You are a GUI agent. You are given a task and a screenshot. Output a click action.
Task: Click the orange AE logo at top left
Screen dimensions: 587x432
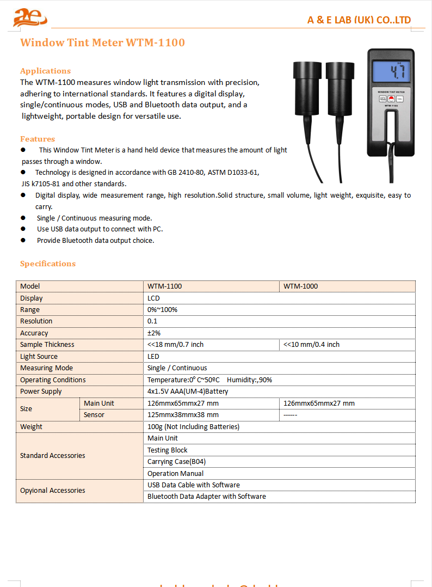(x=29, y=17)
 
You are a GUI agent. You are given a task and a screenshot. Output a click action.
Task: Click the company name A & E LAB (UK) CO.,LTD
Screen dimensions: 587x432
(x=359, y=20)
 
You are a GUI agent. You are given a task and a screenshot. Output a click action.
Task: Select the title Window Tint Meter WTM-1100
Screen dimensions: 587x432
(x=102, y=42)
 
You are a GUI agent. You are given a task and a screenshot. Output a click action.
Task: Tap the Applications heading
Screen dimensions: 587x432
(x=45, y=71)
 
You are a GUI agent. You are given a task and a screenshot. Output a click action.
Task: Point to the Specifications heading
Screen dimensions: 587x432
(x=48, y=264)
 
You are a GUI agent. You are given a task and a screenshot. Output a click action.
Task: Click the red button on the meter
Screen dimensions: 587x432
(x=391, y=99)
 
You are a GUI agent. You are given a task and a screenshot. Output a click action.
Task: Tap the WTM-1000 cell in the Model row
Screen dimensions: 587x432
(x=301, y=286)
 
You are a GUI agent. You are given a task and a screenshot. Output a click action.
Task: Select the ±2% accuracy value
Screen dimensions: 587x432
(x=154, y=333)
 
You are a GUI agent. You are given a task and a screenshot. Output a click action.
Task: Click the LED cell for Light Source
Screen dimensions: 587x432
(x=153, y=356)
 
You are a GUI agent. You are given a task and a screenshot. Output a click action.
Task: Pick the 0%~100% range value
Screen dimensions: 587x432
(x=162, y=309)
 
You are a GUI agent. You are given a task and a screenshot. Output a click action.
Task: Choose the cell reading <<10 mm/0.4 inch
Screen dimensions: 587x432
(x=311, y=345)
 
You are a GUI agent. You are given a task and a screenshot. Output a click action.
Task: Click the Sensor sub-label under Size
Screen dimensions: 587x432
(x=94, y=415)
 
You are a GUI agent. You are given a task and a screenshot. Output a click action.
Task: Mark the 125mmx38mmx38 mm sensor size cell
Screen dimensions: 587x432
(x=183, y=415)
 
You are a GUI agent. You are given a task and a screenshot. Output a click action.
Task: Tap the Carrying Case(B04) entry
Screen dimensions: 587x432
(x=176, y=462)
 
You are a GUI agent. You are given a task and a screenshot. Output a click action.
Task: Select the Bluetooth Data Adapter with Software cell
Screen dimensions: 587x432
(x=207, y=497)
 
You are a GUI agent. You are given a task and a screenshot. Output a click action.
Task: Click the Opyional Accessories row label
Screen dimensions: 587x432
(x=53, y=491)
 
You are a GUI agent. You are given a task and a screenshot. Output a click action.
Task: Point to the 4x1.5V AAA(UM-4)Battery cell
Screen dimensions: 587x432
(x=188, y=392)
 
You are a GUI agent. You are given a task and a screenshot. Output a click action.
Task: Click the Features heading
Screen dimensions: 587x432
(x=38, y=139)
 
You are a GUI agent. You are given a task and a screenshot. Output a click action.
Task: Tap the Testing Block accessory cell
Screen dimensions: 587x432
(x=167, y=450)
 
